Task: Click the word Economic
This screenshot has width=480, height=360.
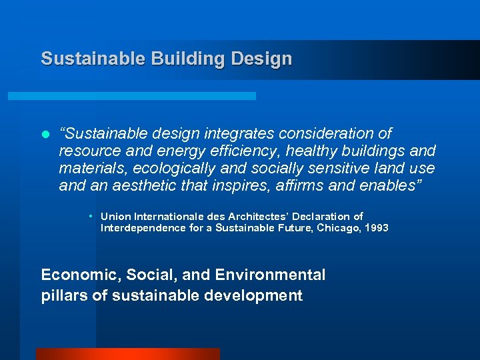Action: [x=75, y=275]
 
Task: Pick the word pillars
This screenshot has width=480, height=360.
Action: [x=63, y=295]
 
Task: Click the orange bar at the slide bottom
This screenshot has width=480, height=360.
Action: [x=127, y=354]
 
